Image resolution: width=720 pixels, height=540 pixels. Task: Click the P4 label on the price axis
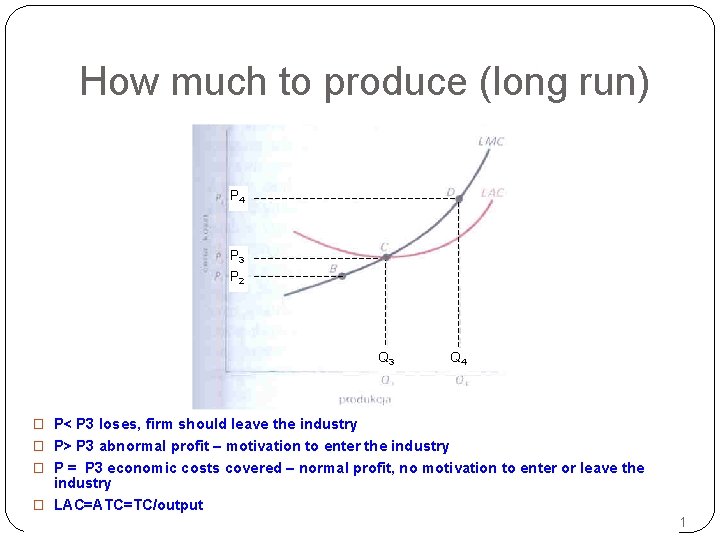tap(237, 197)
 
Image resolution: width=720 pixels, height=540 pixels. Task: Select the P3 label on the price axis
tap(237, 256)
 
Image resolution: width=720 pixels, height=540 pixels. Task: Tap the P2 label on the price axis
tap(237, 277)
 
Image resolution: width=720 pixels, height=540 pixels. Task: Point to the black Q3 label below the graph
tap(386, 358)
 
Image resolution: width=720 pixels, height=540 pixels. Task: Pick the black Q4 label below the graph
tap(458, 358)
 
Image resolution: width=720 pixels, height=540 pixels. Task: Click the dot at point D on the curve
tap(459, 199)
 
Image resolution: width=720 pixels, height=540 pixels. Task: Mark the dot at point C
tap(386, 257)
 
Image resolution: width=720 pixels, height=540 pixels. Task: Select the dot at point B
tap(342, 276)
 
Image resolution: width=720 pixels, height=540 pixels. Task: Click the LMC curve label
tap(491, 141)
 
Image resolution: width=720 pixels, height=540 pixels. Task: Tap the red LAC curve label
tap(493, 192)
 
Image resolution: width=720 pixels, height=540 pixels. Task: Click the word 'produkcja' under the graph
tap(365, 398)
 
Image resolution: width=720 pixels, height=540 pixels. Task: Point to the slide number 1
tap(683, 522)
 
